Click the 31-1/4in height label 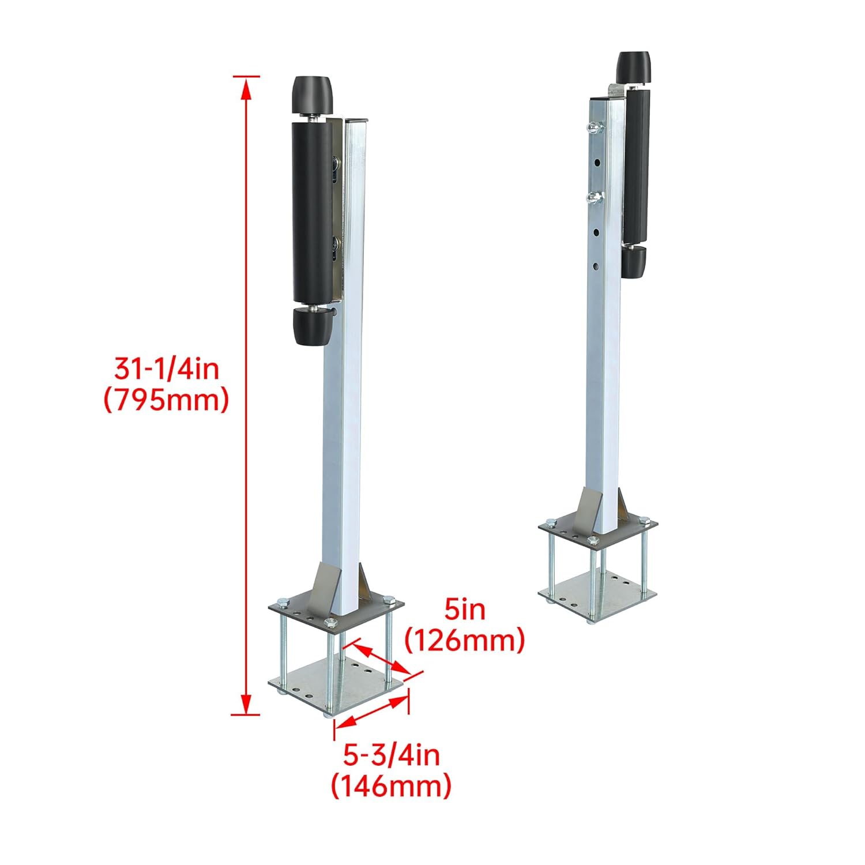point(166,368)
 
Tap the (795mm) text point(166,400)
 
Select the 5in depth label point(465,610)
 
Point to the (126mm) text point(465,640)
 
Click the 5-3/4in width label point(392,755)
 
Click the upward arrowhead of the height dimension point(246,86)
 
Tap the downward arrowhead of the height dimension point(246,705)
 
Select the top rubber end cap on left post point(312,96)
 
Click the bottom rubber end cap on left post point(314,326)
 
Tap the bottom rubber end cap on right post point(633,264)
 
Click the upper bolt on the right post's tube point(592,127)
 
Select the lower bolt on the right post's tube point(592,198)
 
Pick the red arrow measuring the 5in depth point(382,658)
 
